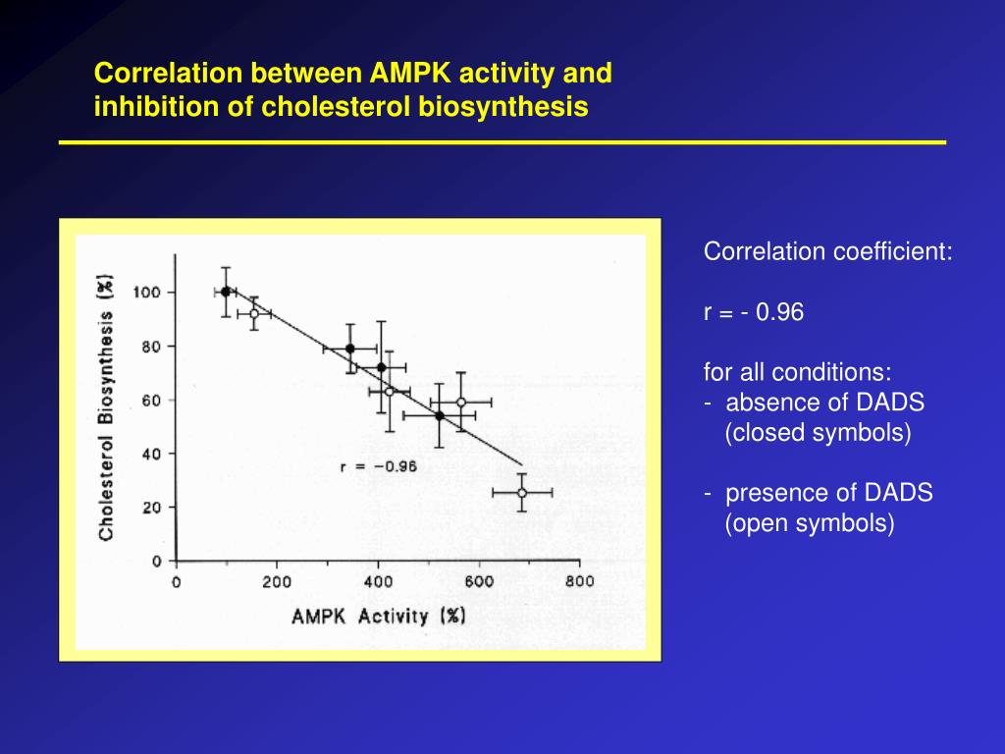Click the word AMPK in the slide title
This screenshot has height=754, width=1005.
click(x=406, y=74)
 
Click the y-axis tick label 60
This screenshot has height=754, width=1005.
click(x=153, y=401)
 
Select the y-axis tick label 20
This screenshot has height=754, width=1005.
click(x=153, y=508)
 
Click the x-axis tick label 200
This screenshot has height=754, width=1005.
click(x=276, y=581)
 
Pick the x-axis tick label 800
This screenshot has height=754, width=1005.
click(x=579, y=581)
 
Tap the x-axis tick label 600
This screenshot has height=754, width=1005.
click(x=478, y=581)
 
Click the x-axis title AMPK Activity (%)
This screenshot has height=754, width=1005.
click(x=378, y=617)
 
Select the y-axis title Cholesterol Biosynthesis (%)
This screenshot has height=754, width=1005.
click(x=106, y=404)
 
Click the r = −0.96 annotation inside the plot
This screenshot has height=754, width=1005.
click(x=378, y=466)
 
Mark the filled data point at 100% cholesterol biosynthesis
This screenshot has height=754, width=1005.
click(x=226, y=292)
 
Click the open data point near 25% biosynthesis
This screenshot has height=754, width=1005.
click(x=522, y=492)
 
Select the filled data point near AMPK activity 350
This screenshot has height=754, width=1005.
click(x=350, y=349)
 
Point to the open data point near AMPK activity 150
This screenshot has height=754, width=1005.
click(x=254, y=314)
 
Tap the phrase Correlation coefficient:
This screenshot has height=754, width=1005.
click(x=827, y=252)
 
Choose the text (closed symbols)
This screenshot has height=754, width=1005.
click(x=818, y=433)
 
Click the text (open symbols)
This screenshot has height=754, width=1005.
click(x=810, y=523)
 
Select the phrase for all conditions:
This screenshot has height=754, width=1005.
click(x=797, y=373)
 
